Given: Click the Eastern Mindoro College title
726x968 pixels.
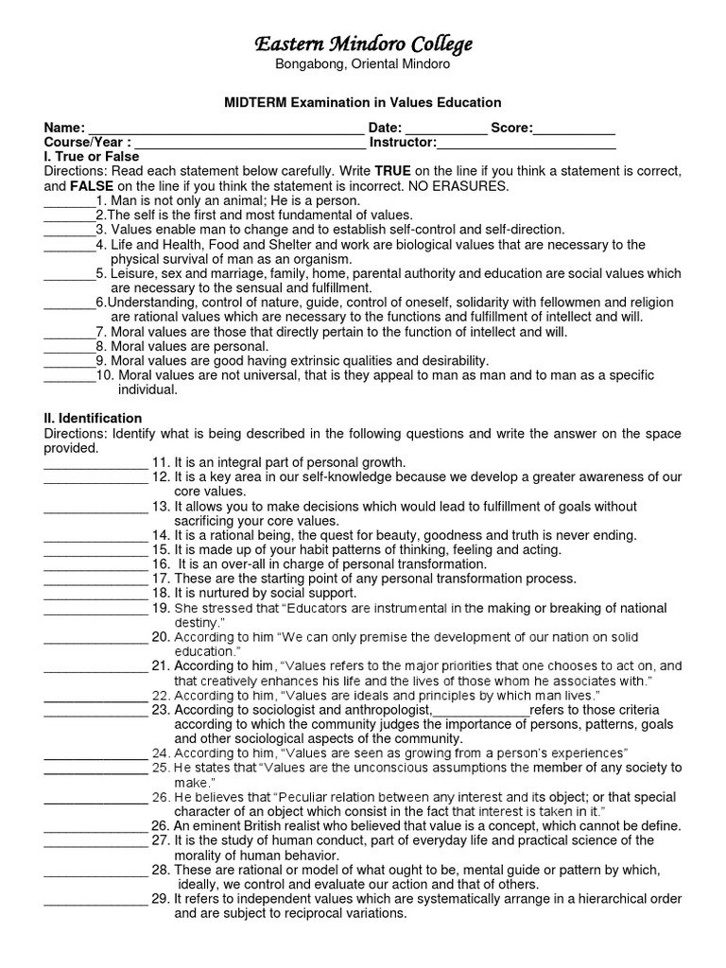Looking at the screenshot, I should coord(363,44).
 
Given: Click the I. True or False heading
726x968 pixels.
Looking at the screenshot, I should coord(92,156).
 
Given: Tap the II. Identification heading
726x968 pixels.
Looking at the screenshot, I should coord(93,418).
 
